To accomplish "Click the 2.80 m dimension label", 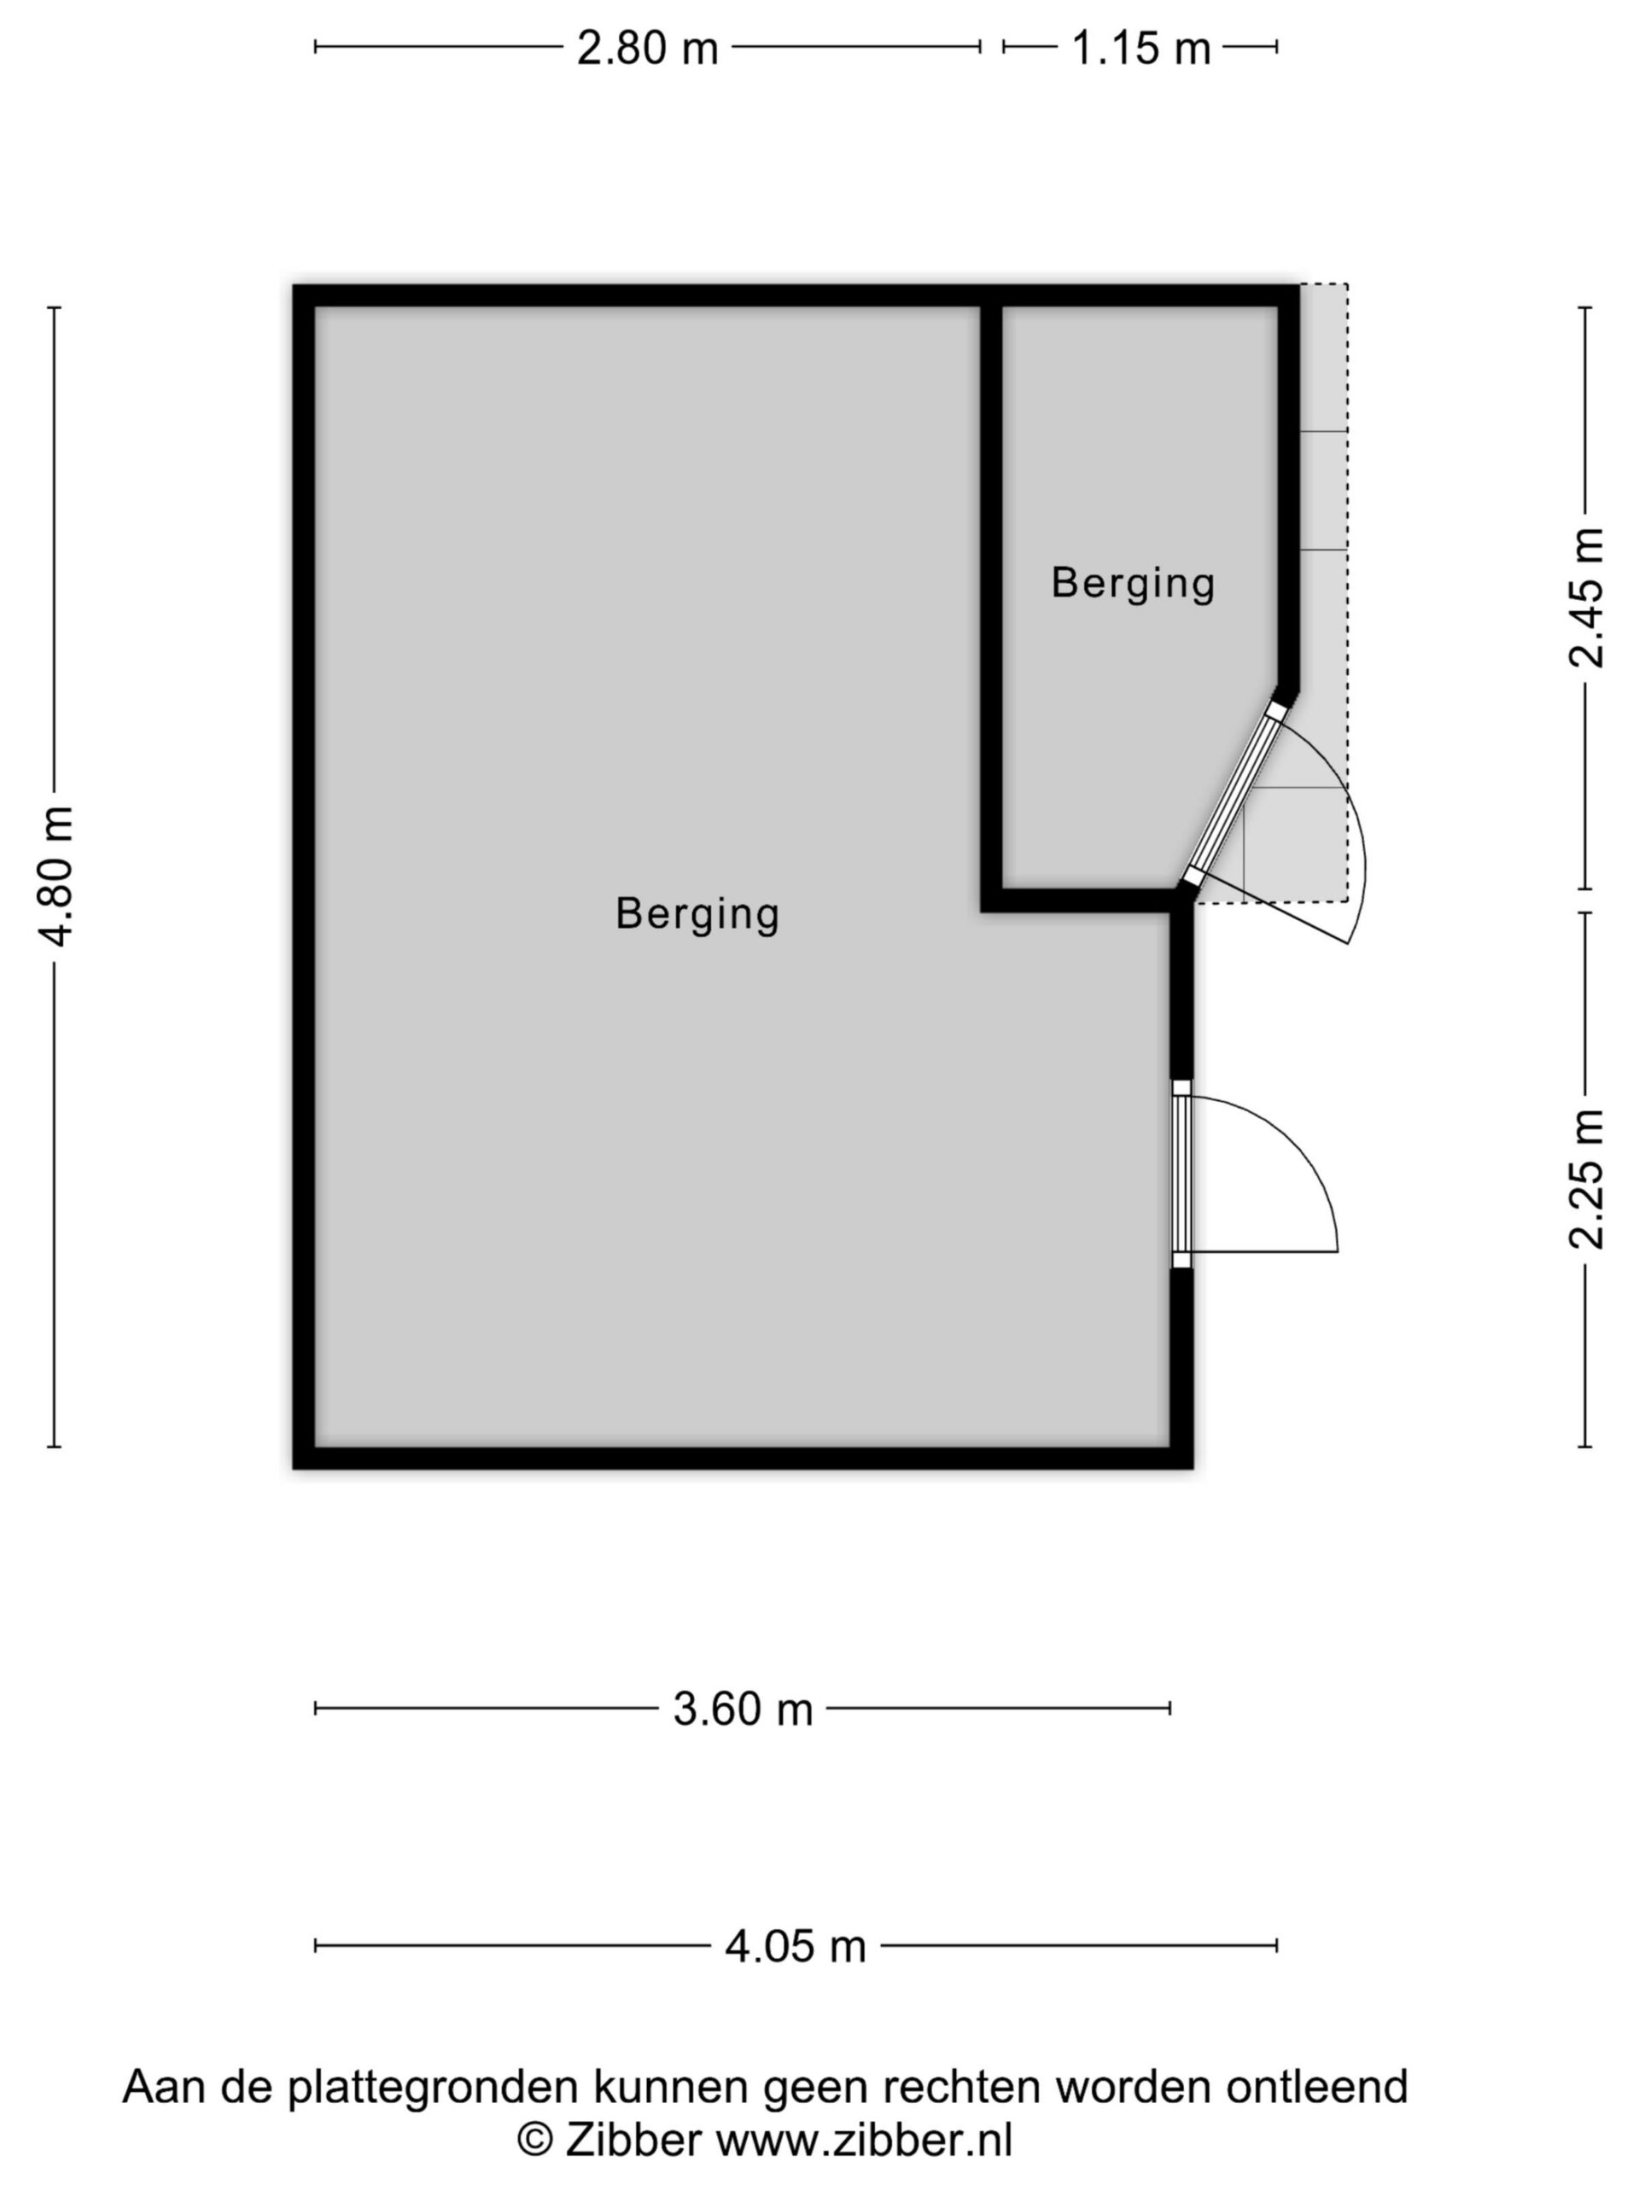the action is pos(647,48).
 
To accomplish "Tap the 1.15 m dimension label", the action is pos(1140,48).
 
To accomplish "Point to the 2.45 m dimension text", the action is pos(1587,597).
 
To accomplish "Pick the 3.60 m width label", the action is pos(742,1708).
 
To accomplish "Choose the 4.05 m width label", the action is pos(796,1946).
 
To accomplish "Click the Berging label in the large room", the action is pos(697,914).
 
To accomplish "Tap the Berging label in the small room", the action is pos(1132,583).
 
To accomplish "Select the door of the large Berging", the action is pos(1181,1174).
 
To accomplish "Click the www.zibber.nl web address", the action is pos(864,2141).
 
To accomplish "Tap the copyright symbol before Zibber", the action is pos(534,2141).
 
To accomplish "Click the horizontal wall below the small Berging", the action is pos(1085,900).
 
